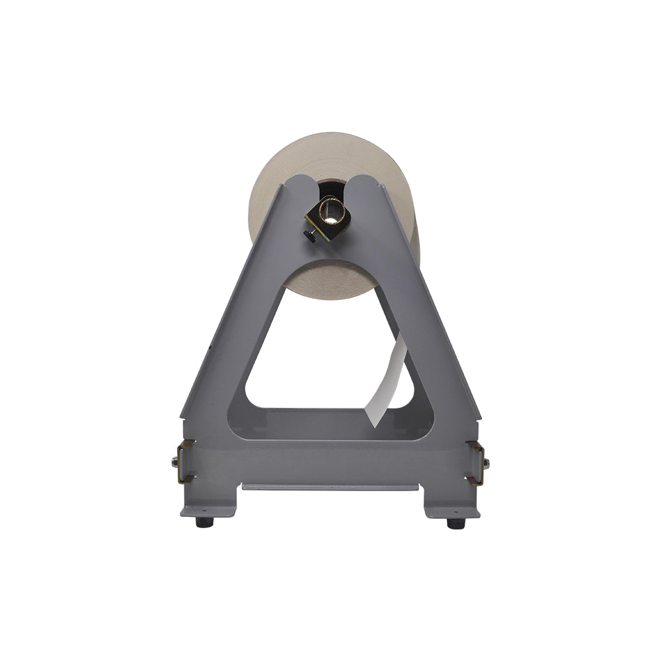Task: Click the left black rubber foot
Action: tap(204, 522)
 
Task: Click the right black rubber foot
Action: tap(456, 523)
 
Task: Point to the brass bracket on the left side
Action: tap(186, 461)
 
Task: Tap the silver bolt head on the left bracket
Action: tap(175, 462)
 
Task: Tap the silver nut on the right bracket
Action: tap(486, 463)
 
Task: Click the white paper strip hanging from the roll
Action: tap(388, 383)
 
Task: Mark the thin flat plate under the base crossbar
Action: tap(330, 487)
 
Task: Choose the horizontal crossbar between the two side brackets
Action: tap(330, 456)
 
